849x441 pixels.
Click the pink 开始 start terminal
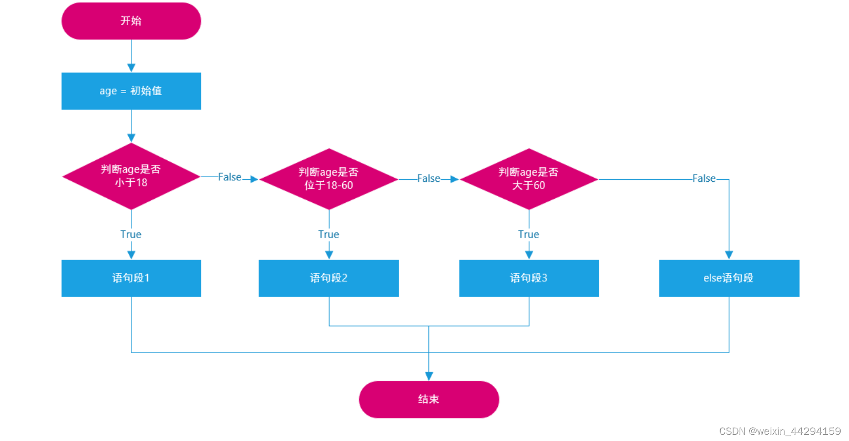pyautogui.click(x=131, y=21)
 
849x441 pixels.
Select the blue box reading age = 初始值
pyautogui.click(x=131, y=91)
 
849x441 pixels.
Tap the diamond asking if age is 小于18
pyautogui.click(x=131, y=176)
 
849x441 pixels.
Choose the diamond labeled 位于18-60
pyautogui.click(x=329, y=179)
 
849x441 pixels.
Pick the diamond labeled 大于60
pyautogui.click(x=528, y=179)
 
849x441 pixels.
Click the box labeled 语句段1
pyautogui.click(x=131, y=278)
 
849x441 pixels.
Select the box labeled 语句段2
pyautogui.click(x=329, y=278)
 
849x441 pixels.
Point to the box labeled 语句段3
pyautogui.click(x=528, y=278)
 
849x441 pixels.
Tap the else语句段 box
pyautogui.click(x=729, y=278)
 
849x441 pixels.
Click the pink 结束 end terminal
pyautogui.click(x=428, y=399)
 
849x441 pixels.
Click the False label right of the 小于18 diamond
pyautogui.click(x=230, y=177)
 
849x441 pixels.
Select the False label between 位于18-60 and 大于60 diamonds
pyautogui.click(x=428, y=179)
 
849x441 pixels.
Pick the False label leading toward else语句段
pyautogui.click(x=704, y=179)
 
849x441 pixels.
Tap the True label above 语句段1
pyautogui.click(x=131, y=234)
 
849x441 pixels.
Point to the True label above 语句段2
pyautogui.click(x=329, y=234)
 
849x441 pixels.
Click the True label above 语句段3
pyautogui.click(x=528, y=234)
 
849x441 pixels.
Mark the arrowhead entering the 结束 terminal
pyautogui.click(x=429, y=376)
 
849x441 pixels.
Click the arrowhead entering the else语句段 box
pyautogui.click(x=729, y=255)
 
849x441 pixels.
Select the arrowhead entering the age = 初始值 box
pyautogui.click(x=131, y=68)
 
